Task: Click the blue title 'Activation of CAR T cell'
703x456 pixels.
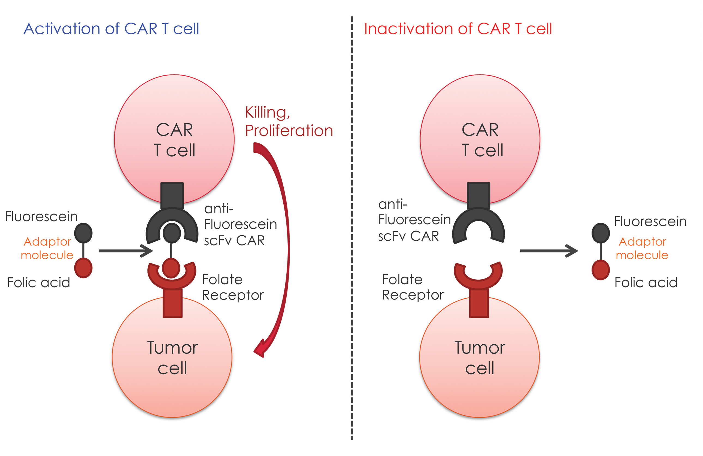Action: tap(111, 29)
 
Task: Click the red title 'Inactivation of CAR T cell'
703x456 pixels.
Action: tap(457, 29)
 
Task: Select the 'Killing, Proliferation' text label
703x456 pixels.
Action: tap(289, 121)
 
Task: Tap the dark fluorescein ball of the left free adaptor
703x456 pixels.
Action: tap(83, 233)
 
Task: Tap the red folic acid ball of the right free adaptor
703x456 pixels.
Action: tap(601, 270)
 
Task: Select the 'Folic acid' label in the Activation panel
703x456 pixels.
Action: tap(38, 283)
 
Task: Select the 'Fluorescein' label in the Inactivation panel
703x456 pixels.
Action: tap(650, 222)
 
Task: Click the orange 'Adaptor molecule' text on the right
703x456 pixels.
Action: tap(642, 248)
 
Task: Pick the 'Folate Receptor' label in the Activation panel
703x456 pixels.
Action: tap(232, 287)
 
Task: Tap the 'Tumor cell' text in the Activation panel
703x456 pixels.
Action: tap(172, 358)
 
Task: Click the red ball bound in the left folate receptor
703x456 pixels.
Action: tap(171, 268)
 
